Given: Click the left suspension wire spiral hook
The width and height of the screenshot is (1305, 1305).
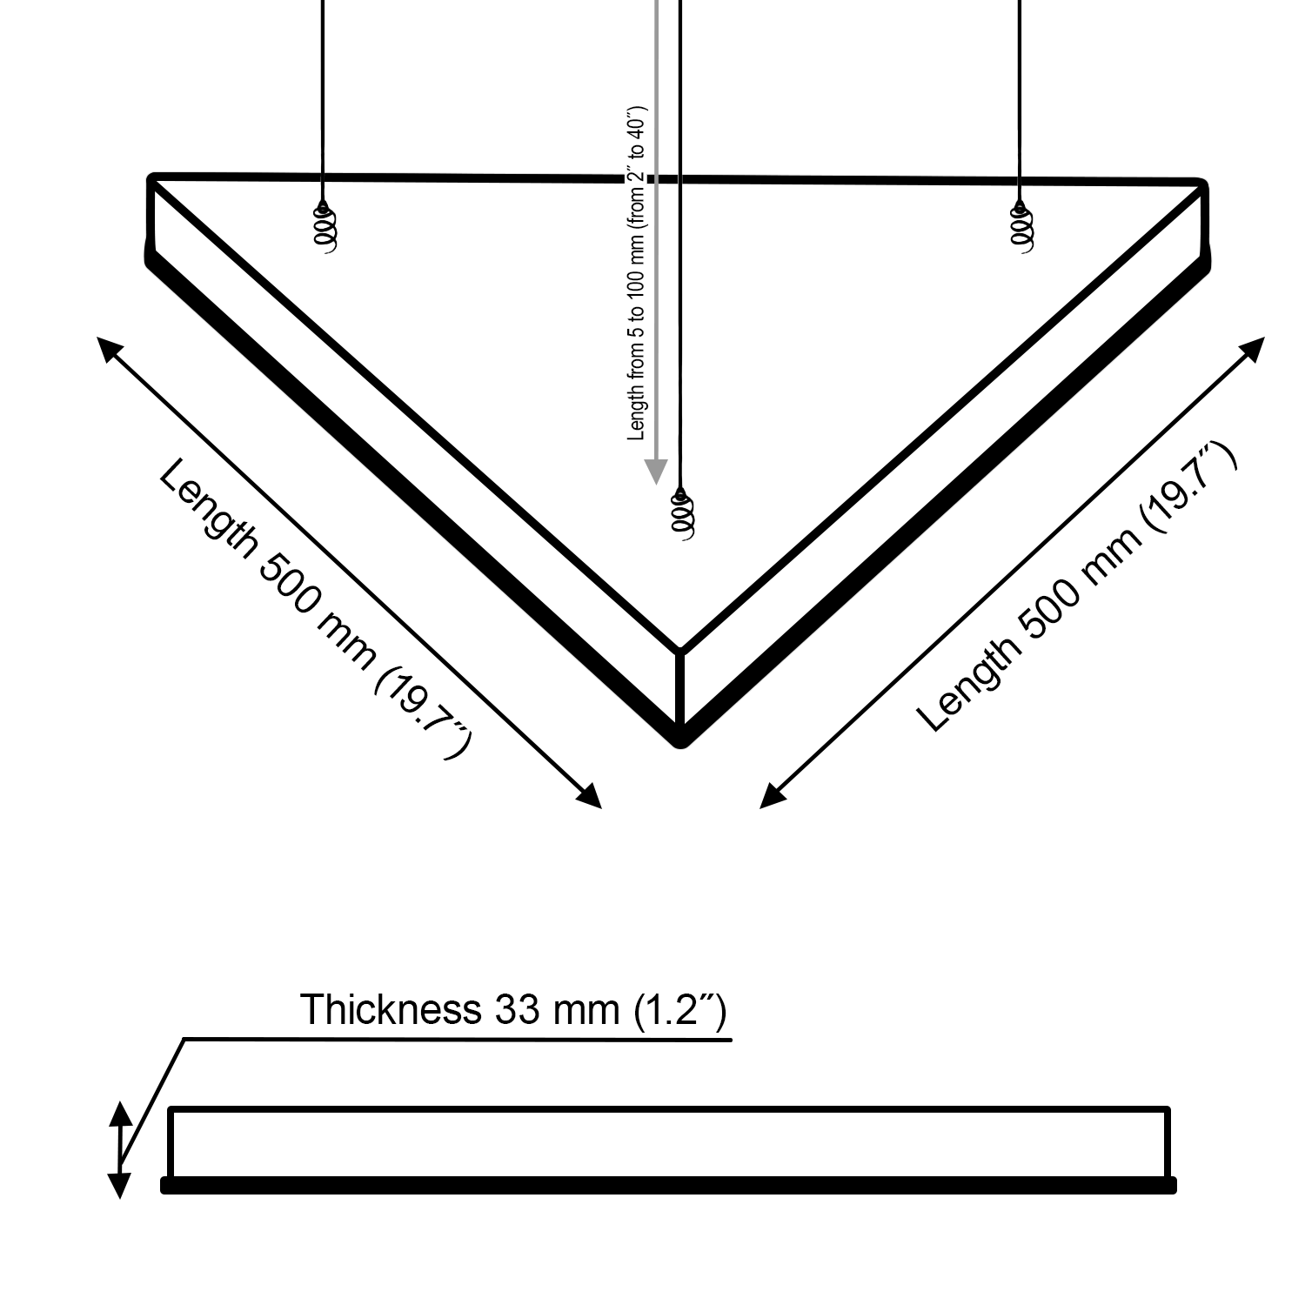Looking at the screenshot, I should pos(324,229).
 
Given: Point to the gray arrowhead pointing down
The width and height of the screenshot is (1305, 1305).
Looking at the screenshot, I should pos(655,471).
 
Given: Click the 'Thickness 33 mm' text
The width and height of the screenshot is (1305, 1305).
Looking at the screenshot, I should pos(512,1010).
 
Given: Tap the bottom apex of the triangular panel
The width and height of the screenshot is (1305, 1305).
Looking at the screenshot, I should pos(681,741).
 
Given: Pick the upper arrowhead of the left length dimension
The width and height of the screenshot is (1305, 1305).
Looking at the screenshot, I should pos(108,349).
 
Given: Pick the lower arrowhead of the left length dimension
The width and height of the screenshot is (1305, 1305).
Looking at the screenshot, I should pos(592,798).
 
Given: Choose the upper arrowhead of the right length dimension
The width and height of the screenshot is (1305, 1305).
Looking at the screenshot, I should pos(1254,348).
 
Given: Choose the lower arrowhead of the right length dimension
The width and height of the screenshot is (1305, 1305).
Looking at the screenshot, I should pos(771,798).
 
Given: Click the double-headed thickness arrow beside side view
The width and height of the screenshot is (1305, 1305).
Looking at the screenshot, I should pos(120,1149).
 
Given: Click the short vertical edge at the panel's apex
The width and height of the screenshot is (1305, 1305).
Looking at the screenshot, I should pos(680,689).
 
